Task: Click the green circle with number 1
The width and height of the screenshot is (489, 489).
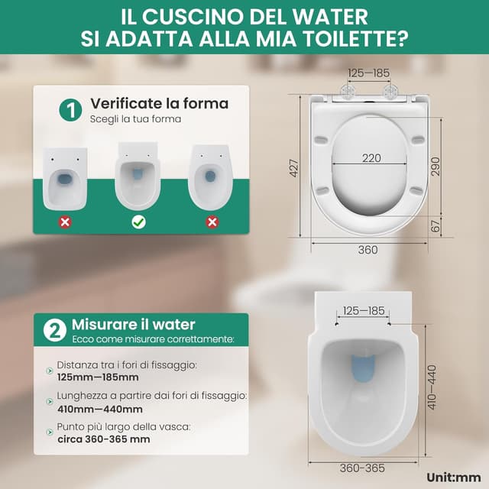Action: tap(70, 110)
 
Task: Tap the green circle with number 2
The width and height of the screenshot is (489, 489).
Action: tap(55, 331)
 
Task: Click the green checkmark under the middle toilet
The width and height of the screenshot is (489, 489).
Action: tap(138, 222)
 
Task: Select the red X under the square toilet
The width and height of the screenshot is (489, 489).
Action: tap(65, 222)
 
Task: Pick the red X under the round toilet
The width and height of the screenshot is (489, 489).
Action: tap(212, 222)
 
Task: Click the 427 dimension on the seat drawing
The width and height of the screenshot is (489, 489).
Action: tap(294, 168)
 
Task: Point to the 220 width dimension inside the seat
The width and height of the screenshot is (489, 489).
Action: tap(371, 158)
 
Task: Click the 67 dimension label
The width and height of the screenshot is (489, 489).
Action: tap(436, 227)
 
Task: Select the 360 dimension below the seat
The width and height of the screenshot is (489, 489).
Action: tap(369, 249)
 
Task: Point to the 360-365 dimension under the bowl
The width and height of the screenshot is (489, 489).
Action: tap(363, 468)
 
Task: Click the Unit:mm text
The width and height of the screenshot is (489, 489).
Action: tap(453, 477)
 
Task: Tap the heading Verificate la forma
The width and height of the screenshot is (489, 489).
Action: tap(159, 103)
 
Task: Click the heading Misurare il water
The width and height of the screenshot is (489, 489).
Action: tap(134, 325)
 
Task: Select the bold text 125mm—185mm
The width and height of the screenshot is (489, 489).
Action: tap(98, 377)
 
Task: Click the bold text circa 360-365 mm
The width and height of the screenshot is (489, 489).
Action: tap(104, 439)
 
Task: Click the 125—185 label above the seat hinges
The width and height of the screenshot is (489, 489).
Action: tap(369, 73)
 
